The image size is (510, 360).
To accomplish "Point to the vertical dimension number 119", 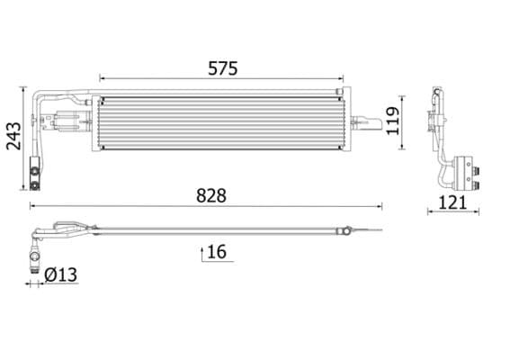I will [x=392, y=121].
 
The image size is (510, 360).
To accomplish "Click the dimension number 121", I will [x=452, y=202].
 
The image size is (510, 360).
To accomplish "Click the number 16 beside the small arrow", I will [x=216, y=251].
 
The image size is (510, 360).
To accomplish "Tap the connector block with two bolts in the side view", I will [x=467, y=171].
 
